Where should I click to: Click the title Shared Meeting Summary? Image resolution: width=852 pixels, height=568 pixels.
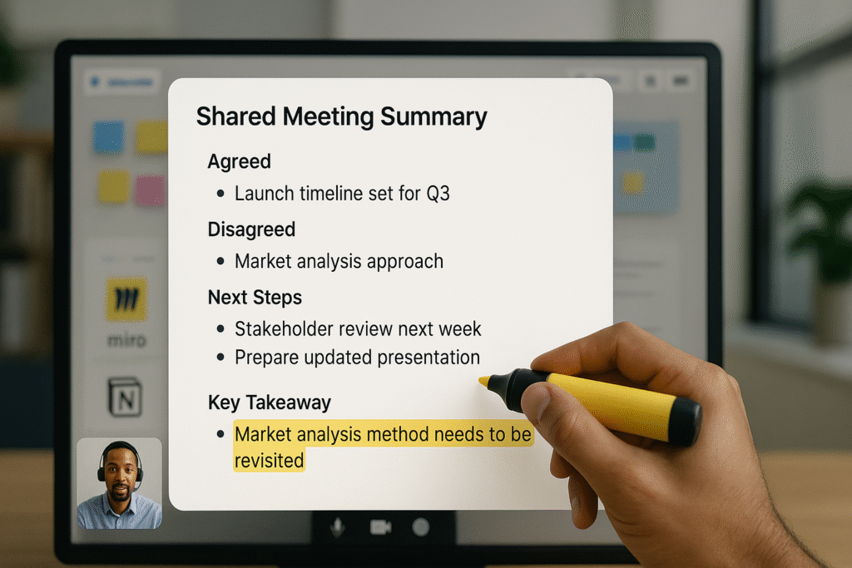[342, 117]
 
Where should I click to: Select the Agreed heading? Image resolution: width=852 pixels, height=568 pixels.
[239, 162]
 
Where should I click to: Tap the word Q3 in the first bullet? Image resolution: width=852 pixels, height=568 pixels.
[438, 193]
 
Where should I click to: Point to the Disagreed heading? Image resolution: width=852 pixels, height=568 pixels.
[251, 230]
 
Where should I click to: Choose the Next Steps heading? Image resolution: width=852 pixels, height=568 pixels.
[255, 298]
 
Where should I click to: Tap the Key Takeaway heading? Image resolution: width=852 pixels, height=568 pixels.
[270, 403]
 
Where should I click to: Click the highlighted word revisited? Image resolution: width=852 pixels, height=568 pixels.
[269, 461]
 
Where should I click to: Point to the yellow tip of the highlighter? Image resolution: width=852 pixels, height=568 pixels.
[483, 381]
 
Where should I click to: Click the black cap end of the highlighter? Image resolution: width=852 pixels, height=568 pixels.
[686, 422]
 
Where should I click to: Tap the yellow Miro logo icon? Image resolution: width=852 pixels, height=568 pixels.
[126, 299]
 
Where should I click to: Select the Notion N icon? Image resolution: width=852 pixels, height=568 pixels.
[125, 398]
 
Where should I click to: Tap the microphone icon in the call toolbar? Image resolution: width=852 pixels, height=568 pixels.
[338, 526]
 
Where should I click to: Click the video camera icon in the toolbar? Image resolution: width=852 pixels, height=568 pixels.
[380, 526]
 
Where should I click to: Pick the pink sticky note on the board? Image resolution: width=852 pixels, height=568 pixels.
[150, 190]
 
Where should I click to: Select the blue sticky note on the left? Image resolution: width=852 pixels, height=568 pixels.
[109, 137]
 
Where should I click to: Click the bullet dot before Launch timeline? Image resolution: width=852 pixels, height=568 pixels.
[220, 193]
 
